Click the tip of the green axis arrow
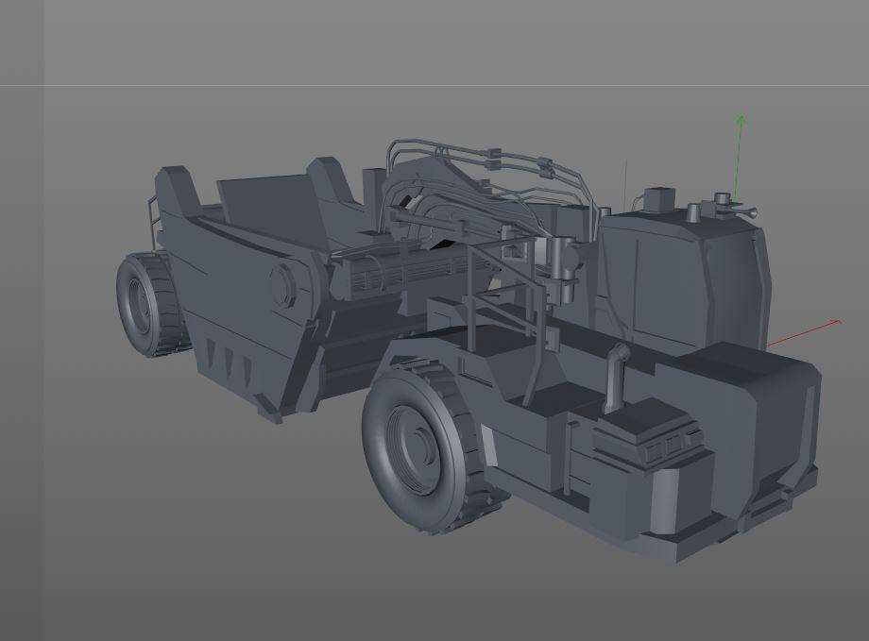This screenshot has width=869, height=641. click(x=741, y=117)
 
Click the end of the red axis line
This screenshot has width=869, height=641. click(x=838, y=322)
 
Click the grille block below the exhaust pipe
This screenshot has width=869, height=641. click(x=662, y=435)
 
